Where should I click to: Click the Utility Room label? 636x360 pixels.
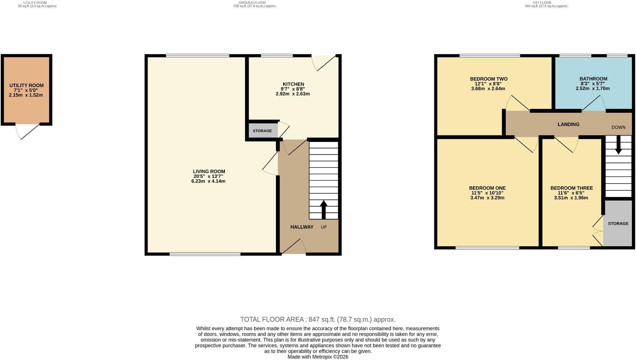click(26, 86)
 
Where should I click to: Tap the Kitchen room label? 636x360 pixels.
click(293, 84)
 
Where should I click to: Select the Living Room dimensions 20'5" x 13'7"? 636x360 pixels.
click(208, 176)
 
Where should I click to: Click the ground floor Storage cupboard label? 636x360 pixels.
click(262, 131)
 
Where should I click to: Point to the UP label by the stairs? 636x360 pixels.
click(324, 227)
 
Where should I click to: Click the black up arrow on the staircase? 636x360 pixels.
click(323, 210)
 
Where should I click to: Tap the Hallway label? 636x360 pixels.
click(302, 227)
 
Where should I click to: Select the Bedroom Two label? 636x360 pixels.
click(489, 79)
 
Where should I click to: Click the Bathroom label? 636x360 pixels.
click(594, 79)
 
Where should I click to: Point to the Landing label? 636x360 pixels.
click(569, 124)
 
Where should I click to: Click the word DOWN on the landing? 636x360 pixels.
click(619, 128)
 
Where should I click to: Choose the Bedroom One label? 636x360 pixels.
click(487, 188)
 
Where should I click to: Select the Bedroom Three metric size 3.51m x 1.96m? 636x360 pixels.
click(571, 198)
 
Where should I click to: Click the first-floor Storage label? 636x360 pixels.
click(618, 224)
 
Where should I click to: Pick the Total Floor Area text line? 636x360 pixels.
click(318, 319)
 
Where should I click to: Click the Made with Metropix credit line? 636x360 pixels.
click(318, 357)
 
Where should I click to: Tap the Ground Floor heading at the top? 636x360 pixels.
click(252, 3)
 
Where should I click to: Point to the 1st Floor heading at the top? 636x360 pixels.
click(542, 3)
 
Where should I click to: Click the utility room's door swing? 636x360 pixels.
click(28, 132)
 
